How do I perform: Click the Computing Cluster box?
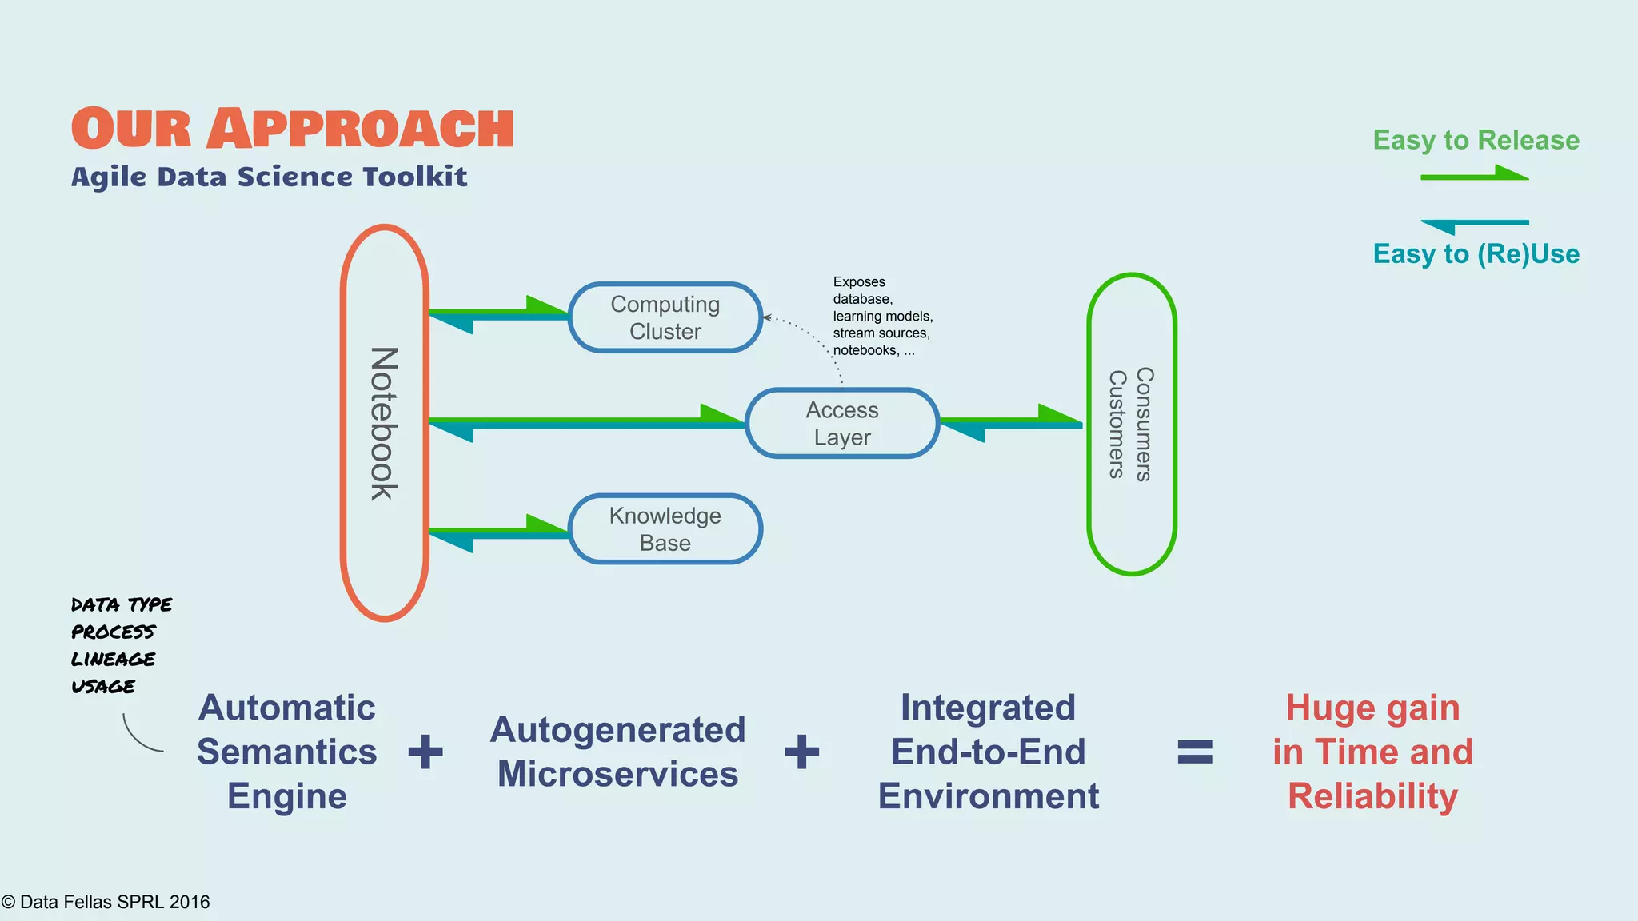[665, 317]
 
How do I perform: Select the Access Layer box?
[841, 424]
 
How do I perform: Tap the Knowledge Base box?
[665, 529]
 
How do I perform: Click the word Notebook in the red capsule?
[384, 424]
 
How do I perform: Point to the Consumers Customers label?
[1131, 424]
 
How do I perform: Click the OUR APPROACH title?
[293, 129]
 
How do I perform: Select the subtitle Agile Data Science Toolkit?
[269, 177]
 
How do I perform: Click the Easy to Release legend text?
[1476, 140]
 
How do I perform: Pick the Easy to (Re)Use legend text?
[1476, 254]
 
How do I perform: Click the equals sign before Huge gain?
[1195, 752]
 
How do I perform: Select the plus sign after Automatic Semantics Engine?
[425, 752]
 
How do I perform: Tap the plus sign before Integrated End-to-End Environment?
[801, 752]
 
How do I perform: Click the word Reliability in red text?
[1372, 796]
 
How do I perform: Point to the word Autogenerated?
[617, 730]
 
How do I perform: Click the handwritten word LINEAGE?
[113, 660]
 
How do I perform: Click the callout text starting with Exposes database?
[881, 317]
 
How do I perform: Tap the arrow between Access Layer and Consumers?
[1011, 422]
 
